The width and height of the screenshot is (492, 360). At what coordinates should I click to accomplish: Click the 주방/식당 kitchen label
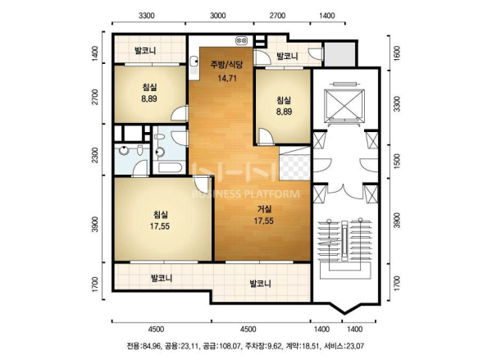[x=226, y=65]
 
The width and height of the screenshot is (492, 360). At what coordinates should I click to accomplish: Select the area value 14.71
[x=227, y=78]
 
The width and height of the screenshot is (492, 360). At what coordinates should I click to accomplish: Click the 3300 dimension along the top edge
[x=147, y=16]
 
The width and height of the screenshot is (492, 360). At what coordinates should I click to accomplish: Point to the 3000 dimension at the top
[x=218, y=16]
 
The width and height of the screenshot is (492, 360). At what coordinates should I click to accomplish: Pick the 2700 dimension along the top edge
[x=277, y=16]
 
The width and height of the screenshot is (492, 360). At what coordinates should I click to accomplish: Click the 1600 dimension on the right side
[x=397, y=53]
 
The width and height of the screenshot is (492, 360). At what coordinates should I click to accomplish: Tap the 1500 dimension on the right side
[x=397, y=162]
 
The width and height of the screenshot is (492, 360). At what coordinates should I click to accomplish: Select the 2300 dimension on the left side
[x=95, y=155]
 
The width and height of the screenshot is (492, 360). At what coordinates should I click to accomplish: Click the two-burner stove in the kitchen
[x=242, y=40]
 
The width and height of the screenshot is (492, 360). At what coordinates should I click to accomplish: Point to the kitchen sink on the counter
[x=194, y=61]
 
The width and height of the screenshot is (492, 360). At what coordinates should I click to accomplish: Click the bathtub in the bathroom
[x=170, y=167]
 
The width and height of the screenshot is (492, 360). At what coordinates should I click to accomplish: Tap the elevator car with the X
[x=344, y=106]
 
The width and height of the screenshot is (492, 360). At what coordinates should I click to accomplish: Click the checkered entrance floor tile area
[x=294, y=166]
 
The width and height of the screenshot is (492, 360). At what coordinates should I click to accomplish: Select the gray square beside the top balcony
[x=339, y=54]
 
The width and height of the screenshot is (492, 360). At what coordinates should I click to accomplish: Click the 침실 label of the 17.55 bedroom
[x=161, y=215]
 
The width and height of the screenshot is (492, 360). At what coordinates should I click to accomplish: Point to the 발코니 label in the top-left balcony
[x=145, y=51]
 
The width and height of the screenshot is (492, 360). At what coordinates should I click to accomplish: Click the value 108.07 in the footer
[x=230, y=346]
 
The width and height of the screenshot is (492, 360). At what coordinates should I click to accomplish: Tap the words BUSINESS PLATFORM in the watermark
[x=246, y=194]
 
